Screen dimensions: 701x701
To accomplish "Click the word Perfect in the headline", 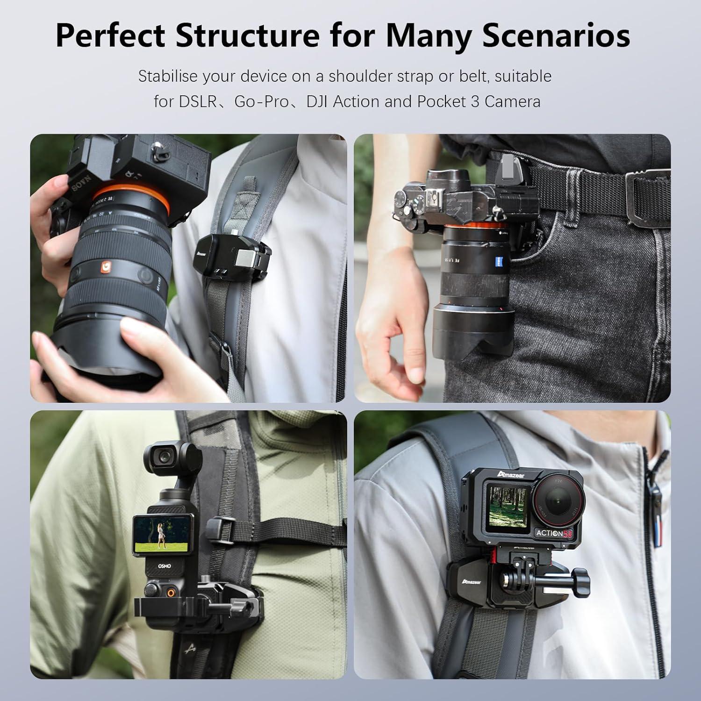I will pyautogui.click(x=110, y=36).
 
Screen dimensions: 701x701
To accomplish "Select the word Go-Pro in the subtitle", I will pyautogui.click(x=262, y=101).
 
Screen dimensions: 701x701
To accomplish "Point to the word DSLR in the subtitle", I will pyautogui.click(x=198, y=101).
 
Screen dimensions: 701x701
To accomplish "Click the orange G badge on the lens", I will pyautogui.click(x=107, y=267).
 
